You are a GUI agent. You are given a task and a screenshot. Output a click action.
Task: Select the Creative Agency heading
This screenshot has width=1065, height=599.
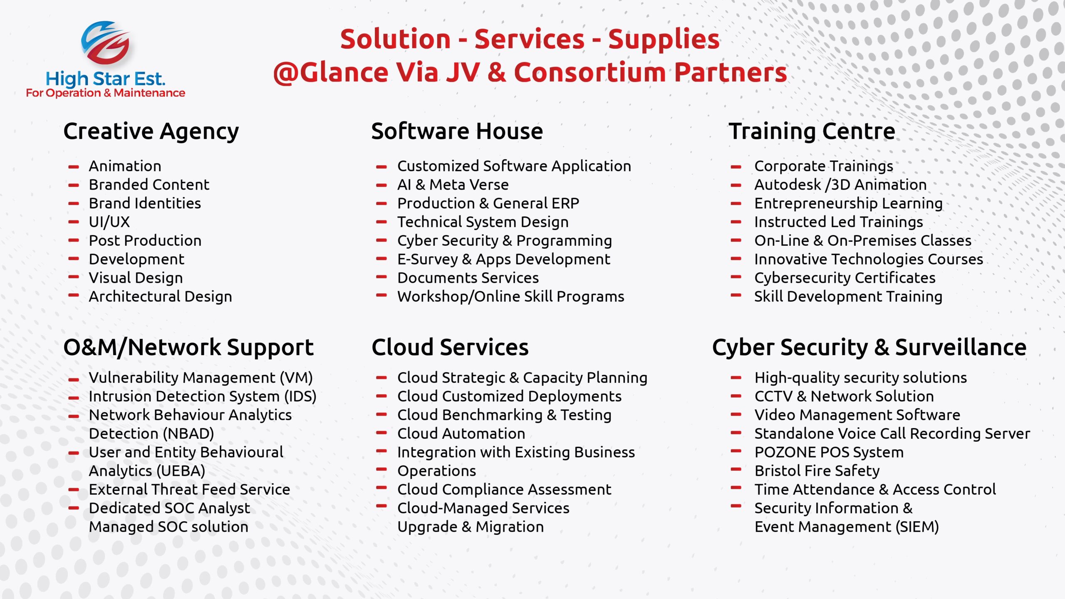click(x=151, y=132)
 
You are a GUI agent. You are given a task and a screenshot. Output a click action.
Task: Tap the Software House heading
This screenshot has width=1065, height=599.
click(x=457, y=131)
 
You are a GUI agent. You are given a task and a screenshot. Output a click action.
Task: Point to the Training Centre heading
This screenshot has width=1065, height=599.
click(x=812, y=132)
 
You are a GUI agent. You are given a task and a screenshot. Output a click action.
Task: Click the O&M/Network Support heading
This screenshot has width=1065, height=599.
click(x=188, y=348)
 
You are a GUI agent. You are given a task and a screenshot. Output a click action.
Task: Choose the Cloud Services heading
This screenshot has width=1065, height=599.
click(x=450, y=347)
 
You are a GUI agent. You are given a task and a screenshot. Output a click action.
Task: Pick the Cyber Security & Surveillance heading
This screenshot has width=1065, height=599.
click(x=869, y=348)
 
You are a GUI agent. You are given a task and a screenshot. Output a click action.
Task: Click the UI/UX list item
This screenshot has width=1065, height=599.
click(x=109, y=222)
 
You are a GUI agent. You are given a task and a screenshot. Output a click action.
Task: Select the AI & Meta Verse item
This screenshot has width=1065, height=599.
click(x=453, y=185)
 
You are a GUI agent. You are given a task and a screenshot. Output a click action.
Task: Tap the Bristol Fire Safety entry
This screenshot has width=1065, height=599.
click(x=817, y=471)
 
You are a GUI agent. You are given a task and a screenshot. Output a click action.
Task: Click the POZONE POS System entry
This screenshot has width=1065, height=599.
click(x=829, y=452)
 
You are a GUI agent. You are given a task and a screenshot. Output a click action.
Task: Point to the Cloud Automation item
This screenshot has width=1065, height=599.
click(x=461, y=433)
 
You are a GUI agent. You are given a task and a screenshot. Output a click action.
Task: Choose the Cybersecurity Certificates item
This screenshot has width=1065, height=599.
click(x=845, y=278)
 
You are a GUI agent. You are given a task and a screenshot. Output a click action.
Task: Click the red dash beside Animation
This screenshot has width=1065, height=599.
click(x=74, y=167)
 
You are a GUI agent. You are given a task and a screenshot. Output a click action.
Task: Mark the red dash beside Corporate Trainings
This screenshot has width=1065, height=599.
click(x=736, y=167)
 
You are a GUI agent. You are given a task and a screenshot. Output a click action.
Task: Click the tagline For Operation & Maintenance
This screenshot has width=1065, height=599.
click(x=105, y=93)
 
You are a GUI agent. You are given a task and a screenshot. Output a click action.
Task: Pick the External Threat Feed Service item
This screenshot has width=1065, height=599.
click(x=189, y=490)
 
